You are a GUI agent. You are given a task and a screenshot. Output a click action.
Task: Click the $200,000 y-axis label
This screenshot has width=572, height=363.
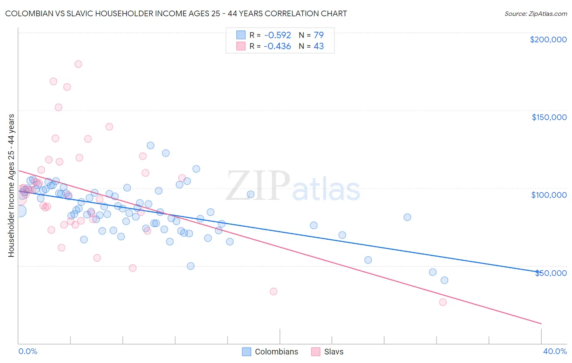click(x=548, y=39)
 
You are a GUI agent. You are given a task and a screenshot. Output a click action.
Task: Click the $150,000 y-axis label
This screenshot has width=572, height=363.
click(x=549, y=117)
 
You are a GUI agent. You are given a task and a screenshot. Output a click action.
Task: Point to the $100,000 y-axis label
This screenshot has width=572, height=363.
click(x=549, y=195)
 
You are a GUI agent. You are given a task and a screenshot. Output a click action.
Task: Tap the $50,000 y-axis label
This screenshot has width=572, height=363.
click(x=550, y=273)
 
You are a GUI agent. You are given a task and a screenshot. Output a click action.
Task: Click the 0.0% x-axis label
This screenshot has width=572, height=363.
click(x=28, y=351)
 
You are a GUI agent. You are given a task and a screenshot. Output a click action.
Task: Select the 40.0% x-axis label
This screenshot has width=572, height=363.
click(x=555, y=351)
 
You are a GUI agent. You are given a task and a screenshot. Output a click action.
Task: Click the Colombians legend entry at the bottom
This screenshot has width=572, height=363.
click(x=270, y=352)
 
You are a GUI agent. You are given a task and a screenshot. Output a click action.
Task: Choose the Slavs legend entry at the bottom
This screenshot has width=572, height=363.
click(x=327, y=352)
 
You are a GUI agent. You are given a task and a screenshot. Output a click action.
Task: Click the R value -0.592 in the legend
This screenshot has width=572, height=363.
click(x=277, y=35)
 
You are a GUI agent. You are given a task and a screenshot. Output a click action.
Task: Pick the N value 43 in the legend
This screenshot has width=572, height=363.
click(x=319, y=46)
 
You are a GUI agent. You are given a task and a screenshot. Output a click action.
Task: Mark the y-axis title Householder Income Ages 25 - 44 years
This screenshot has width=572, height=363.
click(x=11, y=185)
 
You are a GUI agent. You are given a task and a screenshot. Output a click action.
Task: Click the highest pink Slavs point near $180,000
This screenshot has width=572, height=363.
click(x=78, y=64)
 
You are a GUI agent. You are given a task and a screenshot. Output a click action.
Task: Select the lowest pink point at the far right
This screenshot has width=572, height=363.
click(x=443, y=302)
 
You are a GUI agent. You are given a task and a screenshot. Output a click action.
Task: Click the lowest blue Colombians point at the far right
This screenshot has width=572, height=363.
click(x=444, y=280)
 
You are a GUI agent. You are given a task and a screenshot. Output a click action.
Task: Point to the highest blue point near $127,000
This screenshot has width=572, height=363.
click(x=151, y=145)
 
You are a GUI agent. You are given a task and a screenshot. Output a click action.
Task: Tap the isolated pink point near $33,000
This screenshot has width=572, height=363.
click(x=273, y=291)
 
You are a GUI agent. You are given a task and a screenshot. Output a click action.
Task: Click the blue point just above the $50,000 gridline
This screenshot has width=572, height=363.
click(x=190, y=266)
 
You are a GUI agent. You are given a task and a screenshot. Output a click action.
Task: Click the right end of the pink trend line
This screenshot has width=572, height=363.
click(x=541, y=324)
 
